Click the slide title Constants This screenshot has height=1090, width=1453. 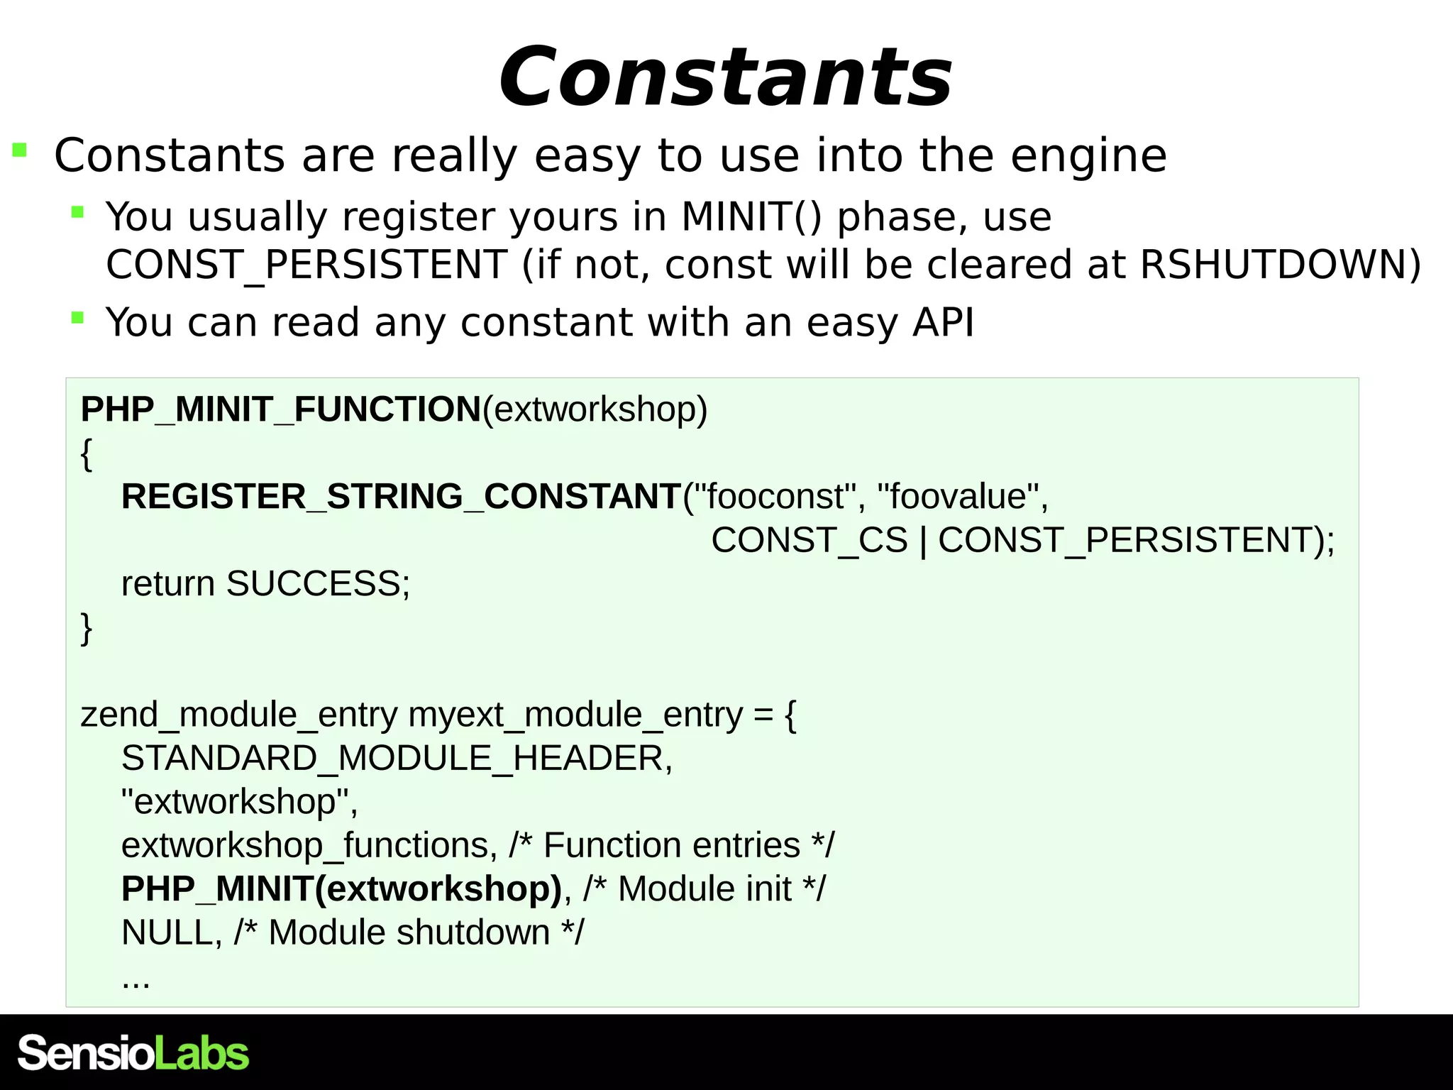[725, 77]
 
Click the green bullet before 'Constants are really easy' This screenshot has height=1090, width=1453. [20, 150]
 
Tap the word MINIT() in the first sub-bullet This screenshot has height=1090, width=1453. [751, 216]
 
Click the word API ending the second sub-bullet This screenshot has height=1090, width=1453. [943, 323]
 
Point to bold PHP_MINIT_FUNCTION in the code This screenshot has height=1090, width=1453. [281, 409]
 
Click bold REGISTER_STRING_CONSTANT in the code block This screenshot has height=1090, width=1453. [401, 496]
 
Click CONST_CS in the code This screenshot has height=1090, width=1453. [809, 540]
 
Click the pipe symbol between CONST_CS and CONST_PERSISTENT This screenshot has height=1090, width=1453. [923, 541]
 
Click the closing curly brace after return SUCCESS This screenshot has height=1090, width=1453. [87, 628]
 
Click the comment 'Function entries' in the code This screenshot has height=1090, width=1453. [671, 846]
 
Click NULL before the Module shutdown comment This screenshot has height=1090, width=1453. [167, 933]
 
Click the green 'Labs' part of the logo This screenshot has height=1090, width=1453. [201, 1053]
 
